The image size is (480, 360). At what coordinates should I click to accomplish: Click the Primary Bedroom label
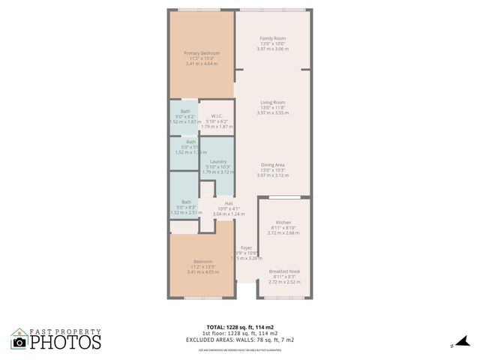(x=202, y=53)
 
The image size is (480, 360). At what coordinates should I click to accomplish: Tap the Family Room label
(x=272, y=38)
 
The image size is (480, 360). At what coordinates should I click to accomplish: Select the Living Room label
(x=272, y=102)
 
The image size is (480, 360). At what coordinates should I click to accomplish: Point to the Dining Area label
(x=272, y=165)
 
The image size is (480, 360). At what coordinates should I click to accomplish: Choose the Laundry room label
(x=217, y=161)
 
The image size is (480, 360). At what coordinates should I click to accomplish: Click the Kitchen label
(x=283, y=223)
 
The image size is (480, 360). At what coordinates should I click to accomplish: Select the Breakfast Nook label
(x=284, y=271)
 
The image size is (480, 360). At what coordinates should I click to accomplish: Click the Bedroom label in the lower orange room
(x=203, y=262)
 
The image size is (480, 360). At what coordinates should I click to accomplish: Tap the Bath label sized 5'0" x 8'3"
(x=186, y=202)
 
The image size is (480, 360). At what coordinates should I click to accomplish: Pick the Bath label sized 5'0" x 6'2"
(x=185, y=112)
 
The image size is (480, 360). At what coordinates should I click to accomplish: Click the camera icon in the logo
(x=19, y=343)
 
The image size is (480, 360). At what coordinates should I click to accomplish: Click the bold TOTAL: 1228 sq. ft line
(x=239, y=327)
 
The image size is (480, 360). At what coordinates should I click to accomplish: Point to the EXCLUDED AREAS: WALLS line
(x=239, y=340)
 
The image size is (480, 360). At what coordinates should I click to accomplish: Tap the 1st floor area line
(x=239, y=333)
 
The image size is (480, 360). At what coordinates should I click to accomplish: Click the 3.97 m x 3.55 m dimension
(x=272, y=112)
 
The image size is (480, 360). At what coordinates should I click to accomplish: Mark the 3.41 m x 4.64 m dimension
(x=202, y=64)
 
